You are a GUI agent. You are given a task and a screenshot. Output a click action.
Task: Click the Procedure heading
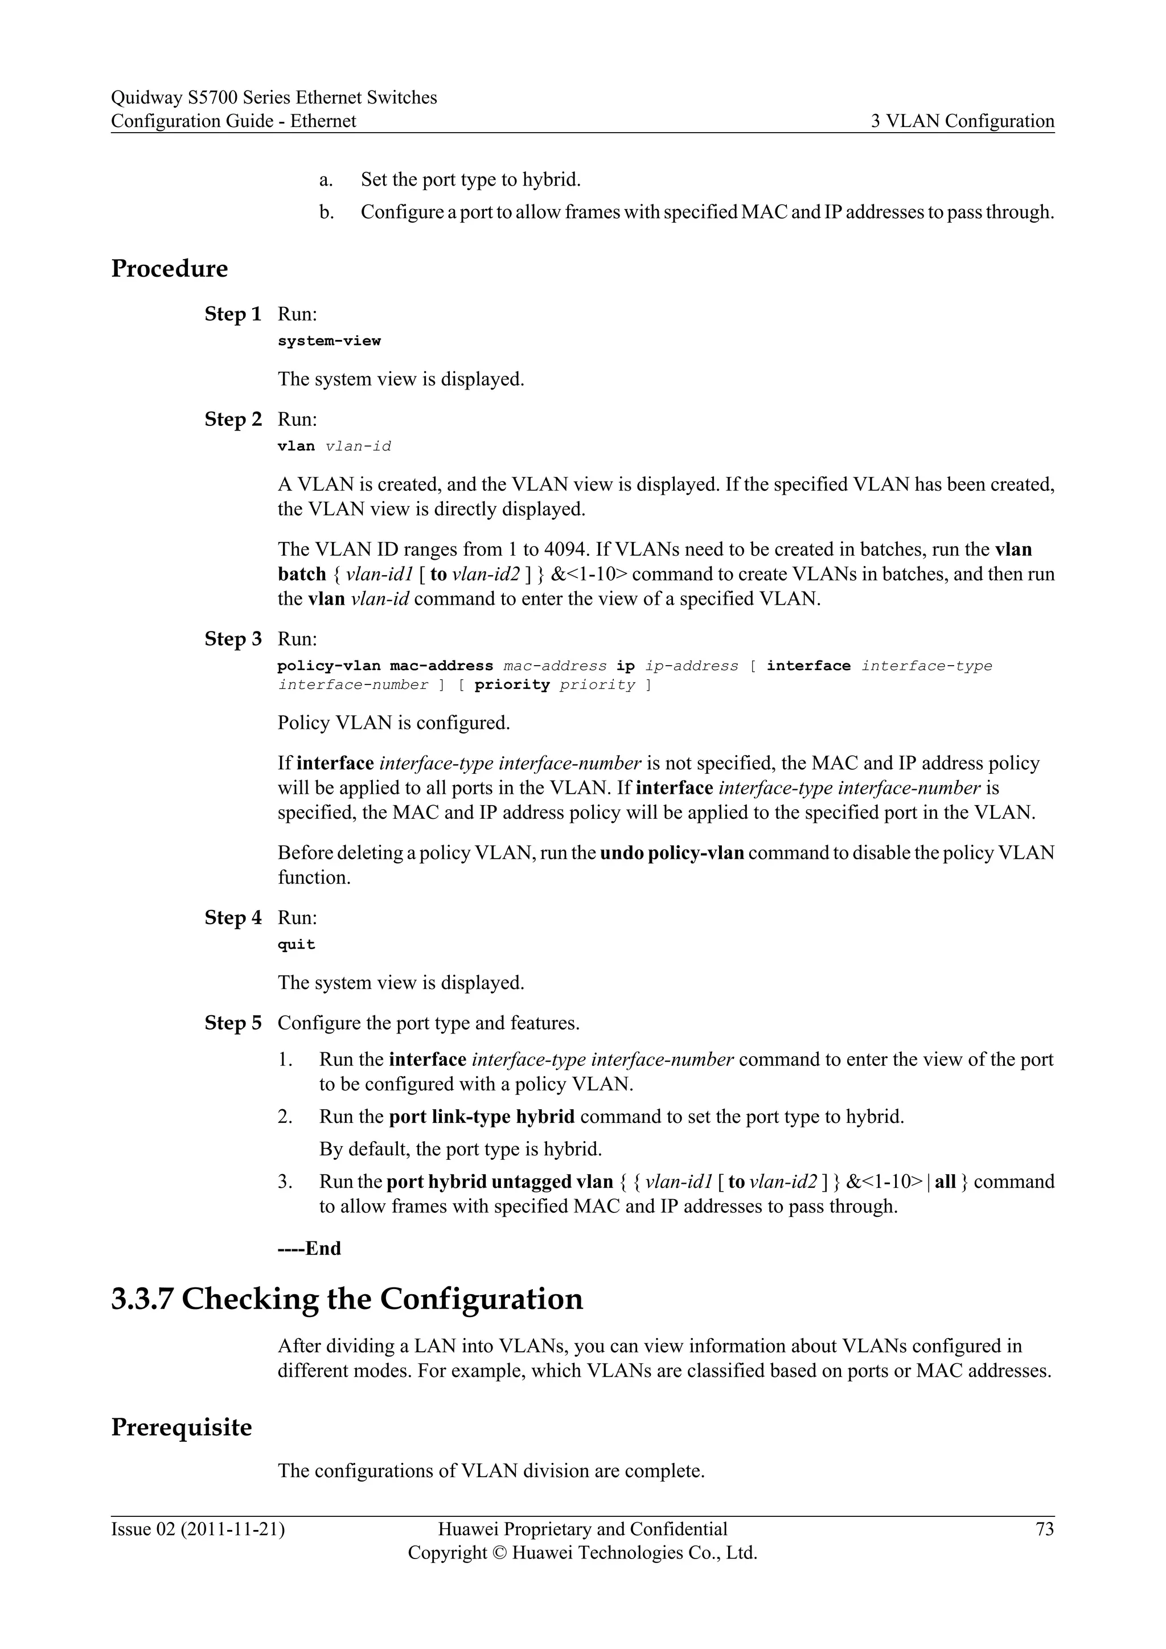click(170, 269)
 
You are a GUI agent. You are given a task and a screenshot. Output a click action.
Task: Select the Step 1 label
click(233, 314)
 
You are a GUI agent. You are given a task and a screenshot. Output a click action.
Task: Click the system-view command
click(329, 341)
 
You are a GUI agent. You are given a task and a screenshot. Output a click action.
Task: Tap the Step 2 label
click(233, 420)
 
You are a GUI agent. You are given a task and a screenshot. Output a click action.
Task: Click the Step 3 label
click(233, 639)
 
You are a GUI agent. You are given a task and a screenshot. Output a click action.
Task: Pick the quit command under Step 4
click(296, 945)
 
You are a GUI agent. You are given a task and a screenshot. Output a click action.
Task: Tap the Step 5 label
click(233, 1023)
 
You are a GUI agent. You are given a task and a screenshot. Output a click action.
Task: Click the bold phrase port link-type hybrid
click(481, 1117)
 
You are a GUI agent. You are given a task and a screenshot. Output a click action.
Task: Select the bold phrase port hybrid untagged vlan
click(500, 1182)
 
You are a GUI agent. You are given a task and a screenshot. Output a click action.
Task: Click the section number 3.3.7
click(142, 1300)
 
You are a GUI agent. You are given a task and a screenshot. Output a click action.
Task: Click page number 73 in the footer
click(1045, 1530)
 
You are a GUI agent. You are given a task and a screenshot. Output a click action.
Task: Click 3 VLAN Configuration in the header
click(962, 121)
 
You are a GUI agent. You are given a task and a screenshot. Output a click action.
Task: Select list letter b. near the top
click(327, 212)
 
